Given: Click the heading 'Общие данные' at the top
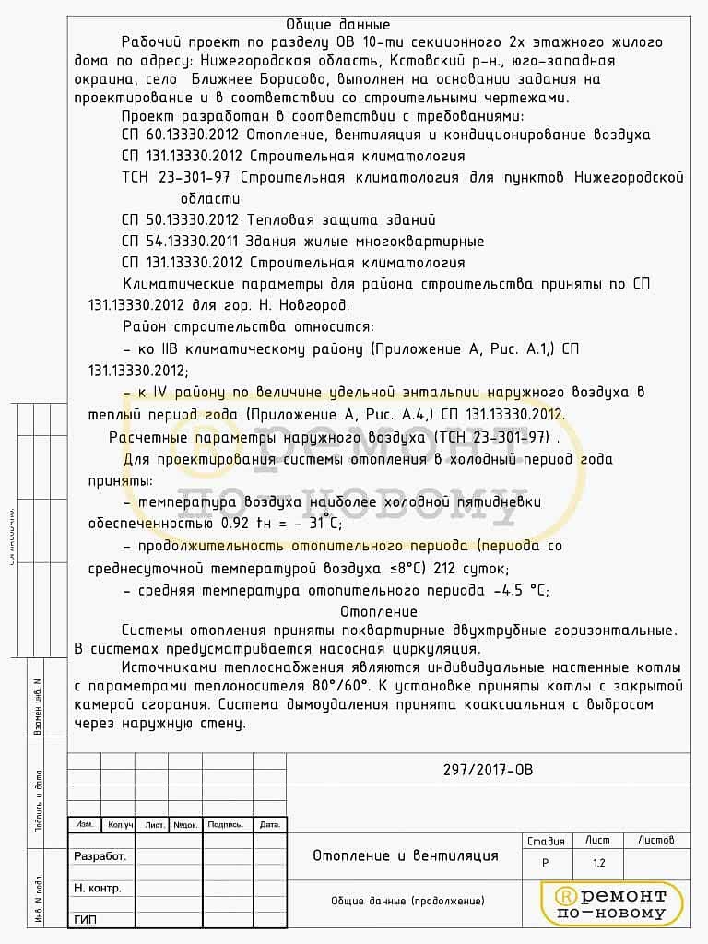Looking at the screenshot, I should [x=338, y=25].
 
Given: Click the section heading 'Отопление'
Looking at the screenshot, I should [x=378, y=611].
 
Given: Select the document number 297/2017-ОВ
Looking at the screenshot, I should [x=489, y=771].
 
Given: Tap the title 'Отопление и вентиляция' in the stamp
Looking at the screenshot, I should [x=405, y=855].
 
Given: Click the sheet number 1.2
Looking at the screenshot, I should [x=598, y=864].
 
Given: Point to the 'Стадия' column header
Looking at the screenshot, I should [x=546, y=841].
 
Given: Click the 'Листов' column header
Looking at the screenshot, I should [x=656, y=840].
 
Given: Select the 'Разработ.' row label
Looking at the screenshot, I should [x=100, y=856].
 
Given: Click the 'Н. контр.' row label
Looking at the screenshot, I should [x=98, y=888].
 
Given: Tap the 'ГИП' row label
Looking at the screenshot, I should [x=85, y=919].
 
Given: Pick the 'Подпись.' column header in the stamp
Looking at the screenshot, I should [x=226, y=825].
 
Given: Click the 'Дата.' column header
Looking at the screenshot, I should [x=269, y=825].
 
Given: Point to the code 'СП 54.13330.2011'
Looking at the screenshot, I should [x=182, y=242].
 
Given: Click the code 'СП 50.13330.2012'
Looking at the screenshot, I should [x=182, y=220].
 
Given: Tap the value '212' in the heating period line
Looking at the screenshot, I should [x=445, y=568].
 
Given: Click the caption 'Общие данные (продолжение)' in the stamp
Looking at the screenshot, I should [x=407, y=901].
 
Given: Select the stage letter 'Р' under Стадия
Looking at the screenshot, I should [x=545, y=864].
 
